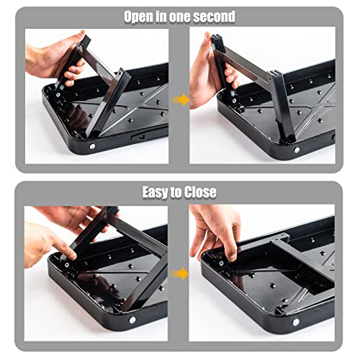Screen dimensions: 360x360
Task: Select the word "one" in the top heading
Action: pos(181,16)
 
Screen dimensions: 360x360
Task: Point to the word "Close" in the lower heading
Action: pos(201,192)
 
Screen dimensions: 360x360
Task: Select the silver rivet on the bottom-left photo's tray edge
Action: pos(132,320)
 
